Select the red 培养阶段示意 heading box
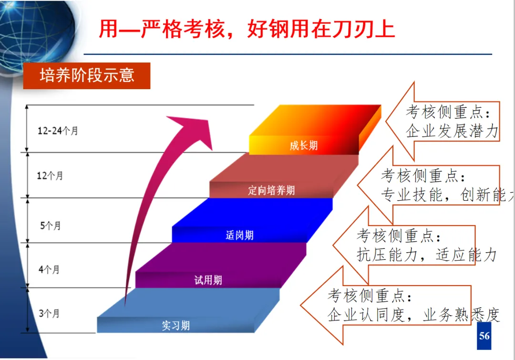point(87,76)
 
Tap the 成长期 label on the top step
point(303,145)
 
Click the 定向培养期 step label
point(271,191)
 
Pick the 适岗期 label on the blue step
point(239,235)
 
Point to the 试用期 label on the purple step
point(208,280)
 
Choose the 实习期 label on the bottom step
point(175,326)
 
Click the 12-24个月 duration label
point(58,131)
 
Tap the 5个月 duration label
point(51,225)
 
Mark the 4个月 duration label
point(49,269)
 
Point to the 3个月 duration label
point(49,313)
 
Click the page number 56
point(484,336)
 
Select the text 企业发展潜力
point(452,131)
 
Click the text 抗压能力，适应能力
point(426,255)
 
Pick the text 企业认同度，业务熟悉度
point(413,315)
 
